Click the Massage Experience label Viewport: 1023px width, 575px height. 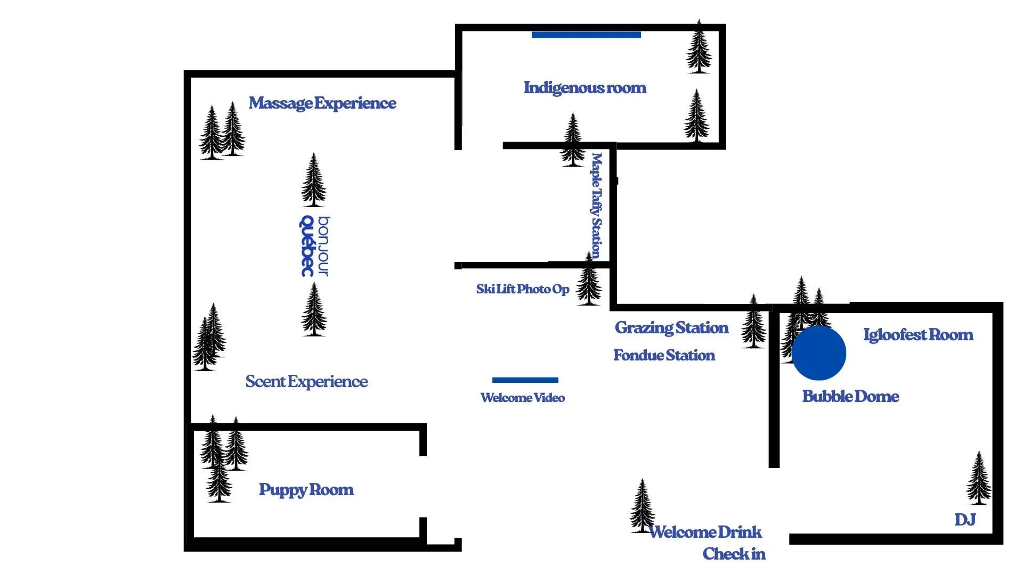[x=322, y=103]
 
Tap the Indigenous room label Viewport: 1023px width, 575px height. [x=584, y=87]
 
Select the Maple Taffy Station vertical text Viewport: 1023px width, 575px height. [x=596, y=205]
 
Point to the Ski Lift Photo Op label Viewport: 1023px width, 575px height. [x=522, y=289]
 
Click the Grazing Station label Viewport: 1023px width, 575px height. [x=671, y=327]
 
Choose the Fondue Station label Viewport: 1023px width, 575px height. [x=664, y=355]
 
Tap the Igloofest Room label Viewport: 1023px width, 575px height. [x=918, y=335]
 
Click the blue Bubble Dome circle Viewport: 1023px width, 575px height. [x=818, y=353]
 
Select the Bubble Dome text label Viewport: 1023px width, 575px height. [x=850, y=396]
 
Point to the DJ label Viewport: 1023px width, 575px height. [x=965, y=520]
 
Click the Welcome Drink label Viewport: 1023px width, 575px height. [x=705, y=532]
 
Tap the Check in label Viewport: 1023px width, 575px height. [x=734, y=554]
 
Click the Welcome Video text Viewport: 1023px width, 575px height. [x=522, y=398]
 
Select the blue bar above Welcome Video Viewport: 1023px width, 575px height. [x=525, y=380]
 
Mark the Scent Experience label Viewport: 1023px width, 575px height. [x=306, y=382]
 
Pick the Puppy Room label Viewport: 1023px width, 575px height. [x=306, y=490]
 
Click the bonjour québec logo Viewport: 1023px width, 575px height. [x=314, y=246]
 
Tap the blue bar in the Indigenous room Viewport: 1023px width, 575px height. [x=586, y=35]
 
